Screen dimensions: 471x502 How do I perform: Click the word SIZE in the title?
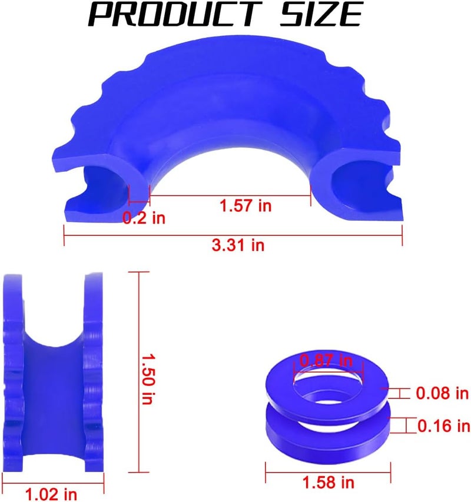pos(321,14)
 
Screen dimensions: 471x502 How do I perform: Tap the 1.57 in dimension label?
pos(246,205)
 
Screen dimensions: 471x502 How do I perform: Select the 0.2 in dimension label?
pos(144,218)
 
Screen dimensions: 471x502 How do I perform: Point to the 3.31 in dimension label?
pos(238,245)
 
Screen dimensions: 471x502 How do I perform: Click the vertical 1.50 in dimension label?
pos(148,379)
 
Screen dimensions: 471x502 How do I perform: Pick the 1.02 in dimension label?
pos(51,494)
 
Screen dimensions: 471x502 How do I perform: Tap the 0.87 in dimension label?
pos(326,361)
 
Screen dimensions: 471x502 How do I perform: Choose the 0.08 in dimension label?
pos(442,393)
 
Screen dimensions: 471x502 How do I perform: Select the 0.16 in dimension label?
pos(444,426)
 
